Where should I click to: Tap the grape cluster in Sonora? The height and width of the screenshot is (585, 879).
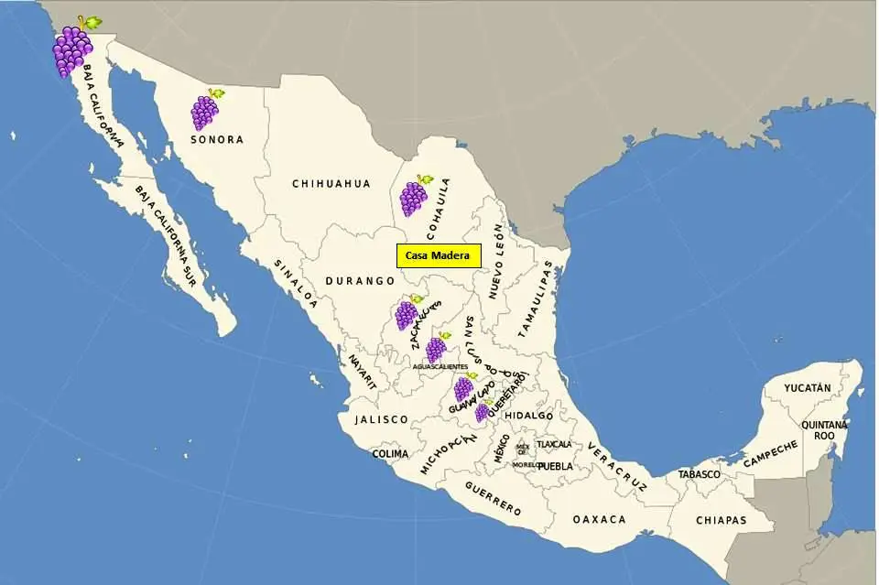[205, 111]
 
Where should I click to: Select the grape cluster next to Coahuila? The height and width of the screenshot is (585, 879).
[414, 197]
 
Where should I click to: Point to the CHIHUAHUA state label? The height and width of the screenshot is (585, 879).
[331, 183]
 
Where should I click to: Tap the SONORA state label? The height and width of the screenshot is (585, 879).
[217, 140]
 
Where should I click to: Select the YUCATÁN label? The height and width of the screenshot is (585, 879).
[807, 388]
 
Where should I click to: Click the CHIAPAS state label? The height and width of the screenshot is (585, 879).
[721, 520]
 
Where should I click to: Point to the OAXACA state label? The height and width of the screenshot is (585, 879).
[599, 519]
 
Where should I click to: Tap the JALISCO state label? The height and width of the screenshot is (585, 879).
[381, 419]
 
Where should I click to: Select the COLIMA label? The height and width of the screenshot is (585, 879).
[390, 453]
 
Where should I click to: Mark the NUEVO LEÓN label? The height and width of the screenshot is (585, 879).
[495, 262]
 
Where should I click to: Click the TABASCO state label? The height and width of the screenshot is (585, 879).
[700, 474]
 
